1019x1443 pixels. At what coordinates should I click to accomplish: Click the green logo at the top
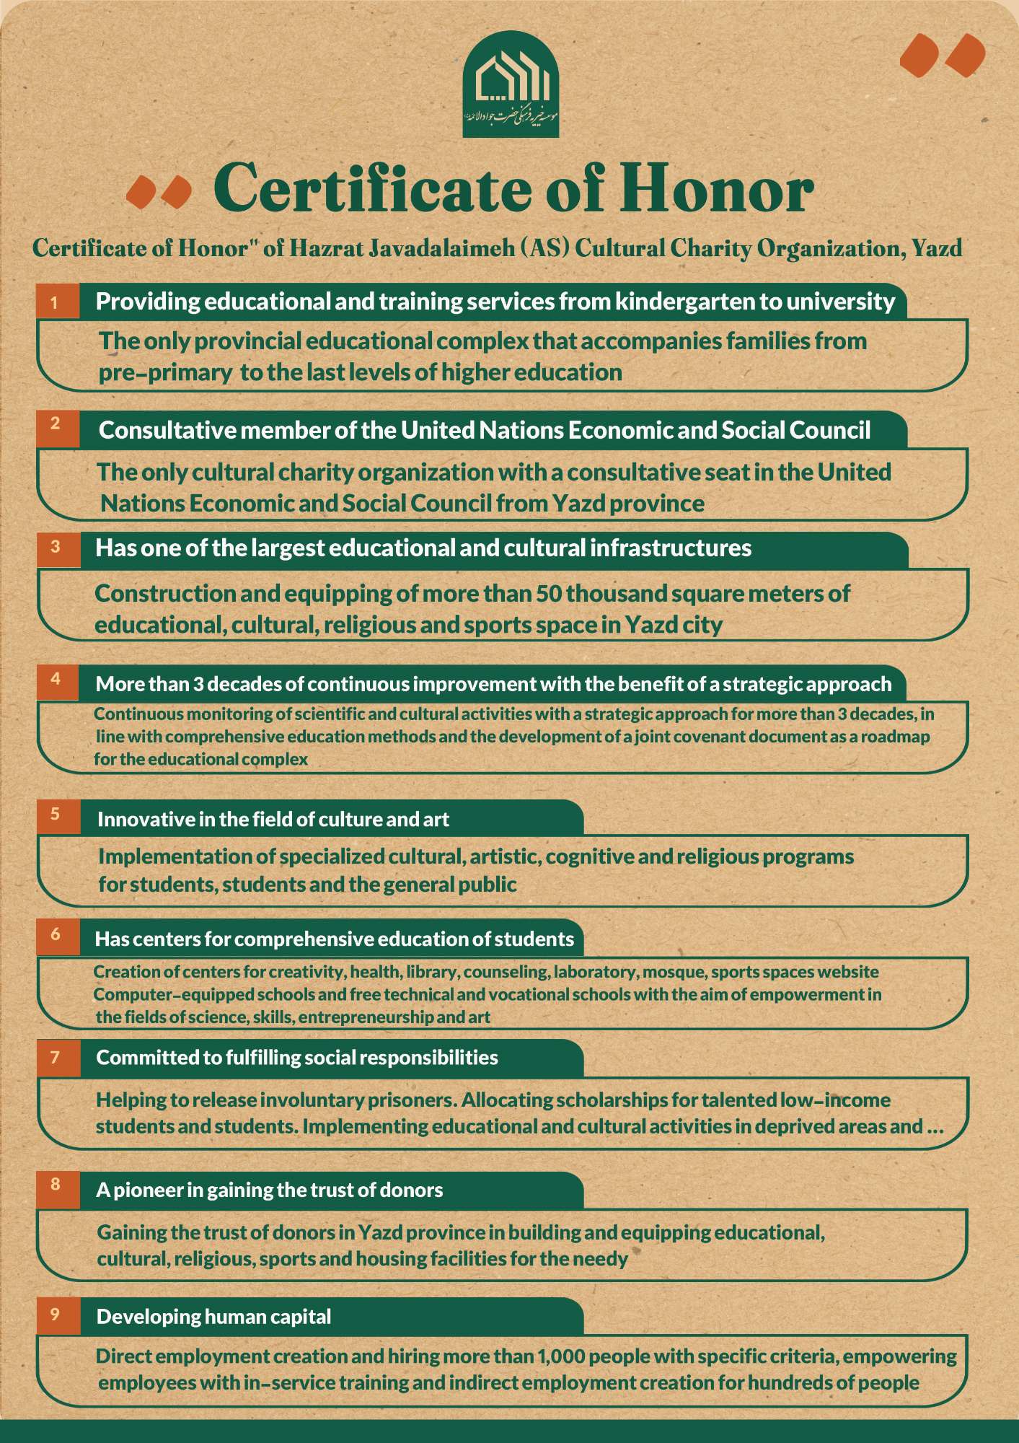click(x=510, y=84)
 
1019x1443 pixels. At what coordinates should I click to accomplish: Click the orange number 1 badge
click(x=55, y=302)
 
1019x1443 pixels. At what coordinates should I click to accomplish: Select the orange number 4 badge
click(x=56, y=680)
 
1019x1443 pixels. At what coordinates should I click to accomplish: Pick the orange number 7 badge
click(x=56, y=1058)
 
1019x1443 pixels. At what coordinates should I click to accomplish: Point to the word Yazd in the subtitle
click(x=937, y=249)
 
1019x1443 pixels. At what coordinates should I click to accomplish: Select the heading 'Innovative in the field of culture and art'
click(x=273, y=820)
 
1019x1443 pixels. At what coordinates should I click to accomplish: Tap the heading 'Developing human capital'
click(x=213, y=1317)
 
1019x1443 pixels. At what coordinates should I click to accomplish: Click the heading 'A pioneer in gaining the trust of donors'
click(x=269, y=1190)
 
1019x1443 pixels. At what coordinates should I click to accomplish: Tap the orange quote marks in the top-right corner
click(x=942, y=55)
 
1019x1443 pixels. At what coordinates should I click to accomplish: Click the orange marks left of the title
click(x=159, y=191)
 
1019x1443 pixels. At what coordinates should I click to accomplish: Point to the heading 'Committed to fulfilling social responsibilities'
click(x=296, y=1058)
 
